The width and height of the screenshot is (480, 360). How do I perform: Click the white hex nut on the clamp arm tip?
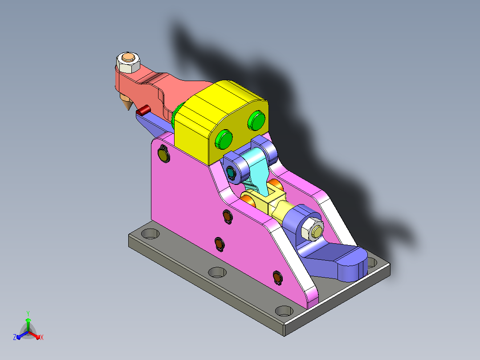[x=128, y=62]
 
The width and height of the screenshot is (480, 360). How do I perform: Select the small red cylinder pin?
[x=143, y=110]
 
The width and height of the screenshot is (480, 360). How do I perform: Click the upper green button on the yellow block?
[x=256, y=120]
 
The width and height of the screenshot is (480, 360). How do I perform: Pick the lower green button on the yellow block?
[x=224, y=139]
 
